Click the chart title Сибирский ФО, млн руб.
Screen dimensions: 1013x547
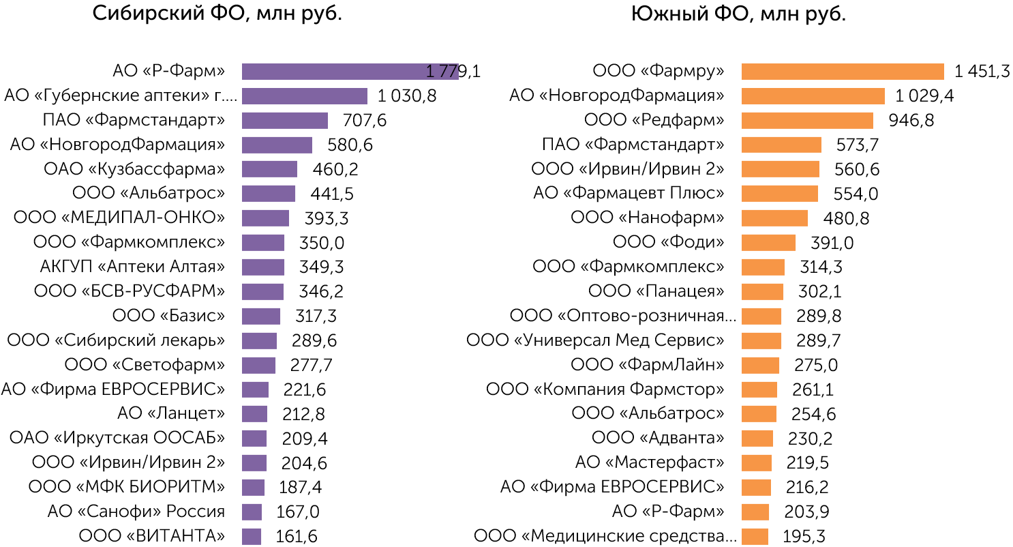tap(217, 14)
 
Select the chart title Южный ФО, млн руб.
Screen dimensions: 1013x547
tap(738, 14)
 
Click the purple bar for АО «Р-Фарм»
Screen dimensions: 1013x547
tap(350, 72)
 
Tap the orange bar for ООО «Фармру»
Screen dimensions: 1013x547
tap(843, 72)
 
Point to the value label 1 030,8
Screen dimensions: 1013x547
tap(407, 96)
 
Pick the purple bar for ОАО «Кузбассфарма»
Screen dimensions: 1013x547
tap(269, 169)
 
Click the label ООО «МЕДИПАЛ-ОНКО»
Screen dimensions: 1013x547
tap(119, 218)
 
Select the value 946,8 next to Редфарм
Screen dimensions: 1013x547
tap(911, 120)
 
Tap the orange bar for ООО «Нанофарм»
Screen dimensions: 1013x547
tap(774, 218)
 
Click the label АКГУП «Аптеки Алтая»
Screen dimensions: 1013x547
tap(132, 267)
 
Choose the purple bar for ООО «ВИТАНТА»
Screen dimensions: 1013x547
tap(252, 537)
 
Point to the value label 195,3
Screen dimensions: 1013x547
tap(804, 537)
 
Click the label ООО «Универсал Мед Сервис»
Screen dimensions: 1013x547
tap(595, 340)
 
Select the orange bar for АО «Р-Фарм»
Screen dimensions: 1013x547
tap(755, 512)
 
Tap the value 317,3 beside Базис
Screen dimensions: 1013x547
tap(316, 316)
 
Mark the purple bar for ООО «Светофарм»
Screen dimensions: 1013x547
tap(258, 366)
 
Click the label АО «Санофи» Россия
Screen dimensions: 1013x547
tap(136, 512)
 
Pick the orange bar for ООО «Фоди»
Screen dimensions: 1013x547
tap(768, 243)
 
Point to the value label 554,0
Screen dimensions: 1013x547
tap(856, 194)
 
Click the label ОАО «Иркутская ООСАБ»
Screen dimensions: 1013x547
tap(117, 437)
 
